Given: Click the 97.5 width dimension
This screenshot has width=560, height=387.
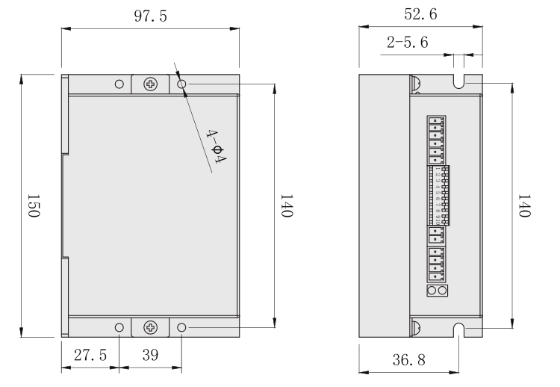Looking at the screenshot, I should pyautogui.click(x=150, y=16).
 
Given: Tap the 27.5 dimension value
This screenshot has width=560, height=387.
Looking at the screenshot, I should pyautogui.click(x=90, y=355).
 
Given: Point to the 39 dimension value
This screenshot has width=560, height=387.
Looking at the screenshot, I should pyautogui.click(x=150, y=355).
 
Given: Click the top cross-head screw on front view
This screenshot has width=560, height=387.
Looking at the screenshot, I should pyautogui.click(x=152, y=84).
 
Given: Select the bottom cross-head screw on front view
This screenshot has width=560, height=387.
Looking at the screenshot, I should pyautogui.click(x=152, y=327).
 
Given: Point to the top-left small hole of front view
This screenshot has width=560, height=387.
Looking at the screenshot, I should pyautogui.click(x=119, y=84).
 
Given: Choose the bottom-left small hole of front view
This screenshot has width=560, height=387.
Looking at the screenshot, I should pyautogui.click(x=119, y=327).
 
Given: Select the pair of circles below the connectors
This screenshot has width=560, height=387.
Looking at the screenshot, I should pyautogui.click(x=438, y=290).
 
